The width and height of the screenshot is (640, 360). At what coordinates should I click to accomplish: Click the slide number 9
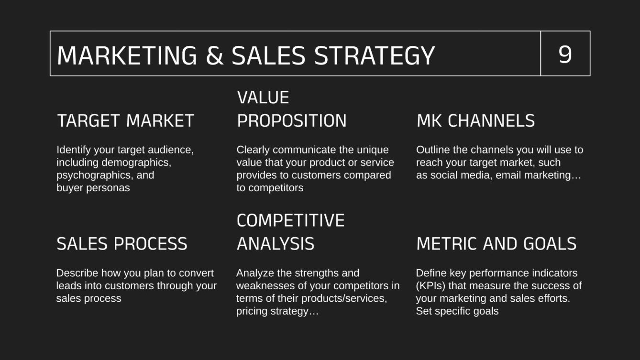(x=565, y=54)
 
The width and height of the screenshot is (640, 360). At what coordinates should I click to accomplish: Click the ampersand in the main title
(x=214, y=55)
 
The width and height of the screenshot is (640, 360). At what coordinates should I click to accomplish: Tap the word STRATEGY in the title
(x=374, y=55)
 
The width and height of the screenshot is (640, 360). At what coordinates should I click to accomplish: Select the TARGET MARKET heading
(x=125, y=120)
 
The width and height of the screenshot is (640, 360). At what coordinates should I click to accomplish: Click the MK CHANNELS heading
(x=475, y=120)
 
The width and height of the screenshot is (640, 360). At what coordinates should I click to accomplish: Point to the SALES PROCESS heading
(x=122, y=244)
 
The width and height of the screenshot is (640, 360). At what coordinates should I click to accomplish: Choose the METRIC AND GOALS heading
(x=496, y=244)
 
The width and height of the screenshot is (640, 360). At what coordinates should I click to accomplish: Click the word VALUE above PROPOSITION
(x=263, y=98)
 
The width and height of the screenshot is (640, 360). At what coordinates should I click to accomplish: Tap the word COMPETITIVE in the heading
(x=290, y=220)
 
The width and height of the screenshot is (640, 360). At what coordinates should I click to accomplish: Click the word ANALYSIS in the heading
(x=275, y=244)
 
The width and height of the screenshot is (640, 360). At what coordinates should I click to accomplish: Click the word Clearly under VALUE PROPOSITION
(x=253, y=150)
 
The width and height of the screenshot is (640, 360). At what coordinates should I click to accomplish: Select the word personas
(x=109, y=187)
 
